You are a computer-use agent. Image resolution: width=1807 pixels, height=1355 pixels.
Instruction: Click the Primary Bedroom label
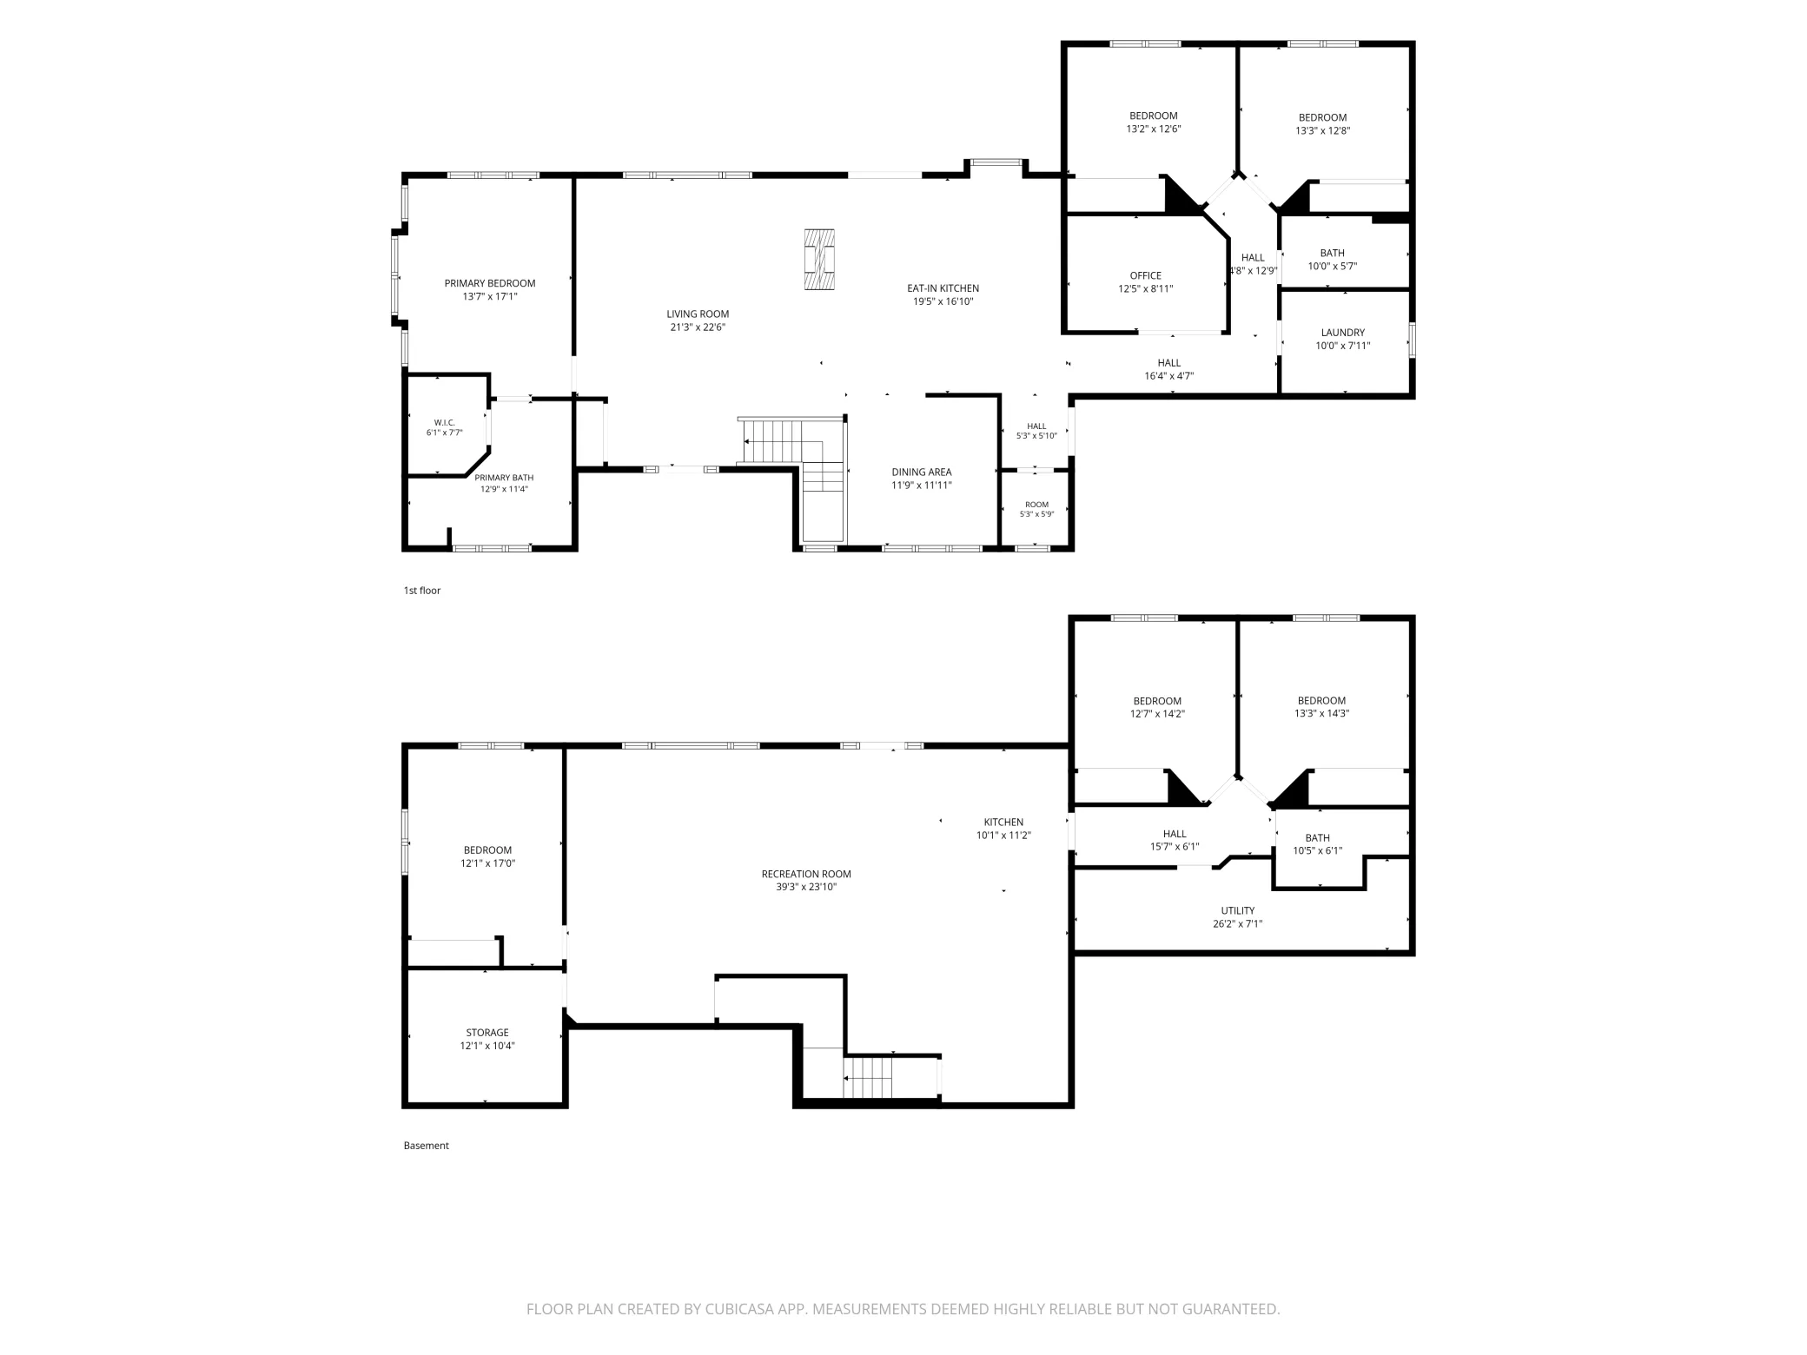tap(490, 283)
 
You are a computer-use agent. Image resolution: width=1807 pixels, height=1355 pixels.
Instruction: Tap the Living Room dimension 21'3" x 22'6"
tap(698, 327)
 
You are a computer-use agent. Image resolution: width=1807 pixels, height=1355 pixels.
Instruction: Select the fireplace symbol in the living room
tap(819, 259)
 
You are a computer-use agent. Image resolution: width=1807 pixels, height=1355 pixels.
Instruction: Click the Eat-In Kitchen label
tap(943, 288)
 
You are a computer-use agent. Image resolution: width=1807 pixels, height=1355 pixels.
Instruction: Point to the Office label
tap(1146, 276)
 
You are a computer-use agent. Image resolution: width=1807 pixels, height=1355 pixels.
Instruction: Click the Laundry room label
tap(1342, 333)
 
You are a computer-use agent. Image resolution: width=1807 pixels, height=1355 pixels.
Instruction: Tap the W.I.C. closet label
tap(444, 422)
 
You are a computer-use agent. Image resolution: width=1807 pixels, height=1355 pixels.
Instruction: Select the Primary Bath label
tap(504, 478)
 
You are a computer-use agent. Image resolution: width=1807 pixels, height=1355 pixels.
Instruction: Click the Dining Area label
tap(922, 473)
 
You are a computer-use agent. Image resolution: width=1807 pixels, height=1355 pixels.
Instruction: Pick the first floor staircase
tap(792, 478)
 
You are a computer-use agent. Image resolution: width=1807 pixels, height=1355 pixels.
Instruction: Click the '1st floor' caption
tap(422, 591)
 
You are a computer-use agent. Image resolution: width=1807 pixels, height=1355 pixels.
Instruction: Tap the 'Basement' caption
tap(426, 1146)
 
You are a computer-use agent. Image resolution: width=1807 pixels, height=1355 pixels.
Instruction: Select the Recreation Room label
tap(806, 874)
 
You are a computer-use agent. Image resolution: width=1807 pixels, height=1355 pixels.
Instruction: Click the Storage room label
tap(487, 1033)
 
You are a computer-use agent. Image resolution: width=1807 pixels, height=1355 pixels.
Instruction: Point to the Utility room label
tap(1238, 911)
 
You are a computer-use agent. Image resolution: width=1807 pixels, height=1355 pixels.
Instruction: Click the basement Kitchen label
tap(1003, 823)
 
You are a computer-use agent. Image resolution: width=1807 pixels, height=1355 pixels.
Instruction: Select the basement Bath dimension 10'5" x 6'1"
tap(1318, 851)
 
